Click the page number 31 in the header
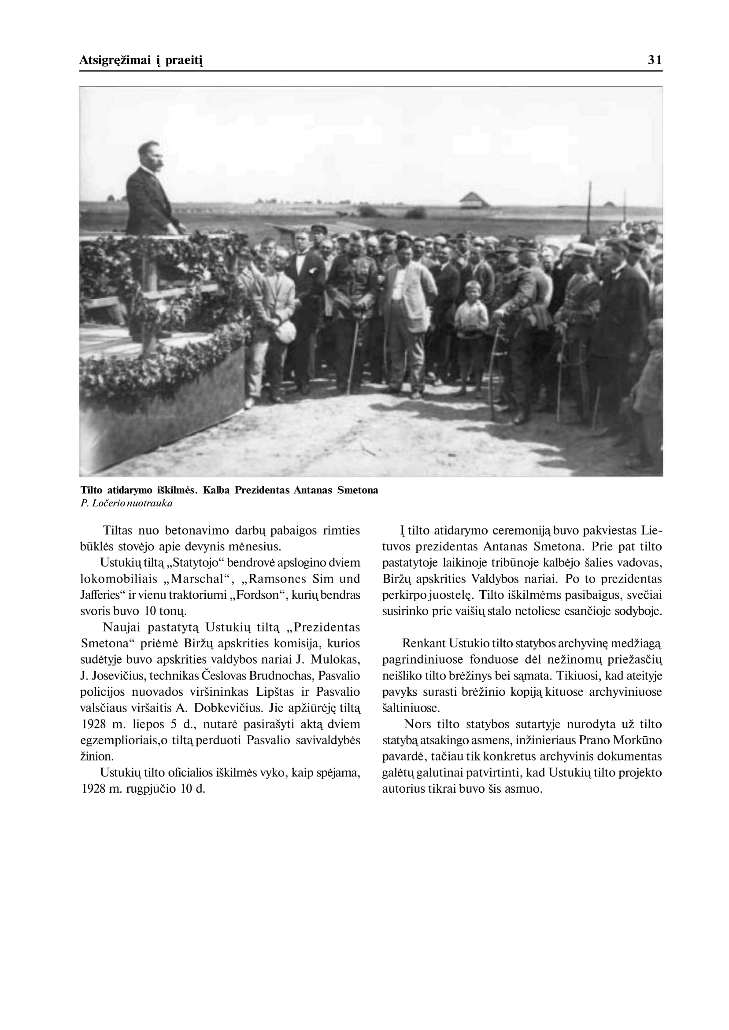click(655, 60)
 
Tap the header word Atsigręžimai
click(115, 61)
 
